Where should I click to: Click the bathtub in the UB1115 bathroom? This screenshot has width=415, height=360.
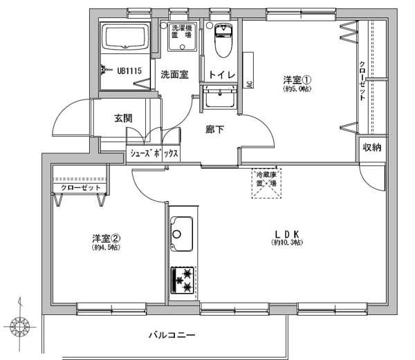pos(125,37)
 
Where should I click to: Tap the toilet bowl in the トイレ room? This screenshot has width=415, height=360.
pos(223,40)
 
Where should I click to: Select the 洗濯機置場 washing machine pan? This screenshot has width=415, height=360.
pos(182,37)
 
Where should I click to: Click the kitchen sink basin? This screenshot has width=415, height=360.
pos(181,234)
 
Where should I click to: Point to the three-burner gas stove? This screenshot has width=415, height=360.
pos(182,280)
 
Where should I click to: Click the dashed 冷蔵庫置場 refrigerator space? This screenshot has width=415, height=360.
pos(266,183)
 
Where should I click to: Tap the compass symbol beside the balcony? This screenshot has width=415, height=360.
pos(19,327)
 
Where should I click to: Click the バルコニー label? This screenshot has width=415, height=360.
pos(172,335)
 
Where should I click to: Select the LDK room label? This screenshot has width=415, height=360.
pos(287,234)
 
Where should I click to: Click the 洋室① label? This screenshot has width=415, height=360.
pos(297,79)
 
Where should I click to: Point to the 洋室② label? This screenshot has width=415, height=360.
pos(106,238)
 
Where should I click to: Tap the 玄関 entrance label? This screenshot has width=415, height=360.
pos(123,118)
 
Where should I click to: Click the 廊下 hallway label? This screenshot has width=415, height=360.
pos(214,129)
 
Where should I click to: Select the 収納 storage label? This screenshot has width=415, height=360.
pos(372,147)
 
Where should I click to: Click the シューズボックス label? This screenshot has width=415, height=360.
pos(154,153)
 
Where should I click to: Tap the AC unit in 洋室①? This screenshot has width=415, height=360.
pos(248,70)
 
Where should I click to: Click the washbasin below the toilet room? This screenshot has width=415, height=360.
pos(219,97)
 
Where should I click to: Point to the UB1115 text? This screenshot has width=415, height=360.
pos(129,71)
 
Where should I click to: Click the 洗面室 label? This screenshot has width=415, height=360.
pos(174,75)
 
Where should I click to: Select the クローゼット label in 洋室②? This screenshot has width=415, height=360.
pos(81,188)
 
